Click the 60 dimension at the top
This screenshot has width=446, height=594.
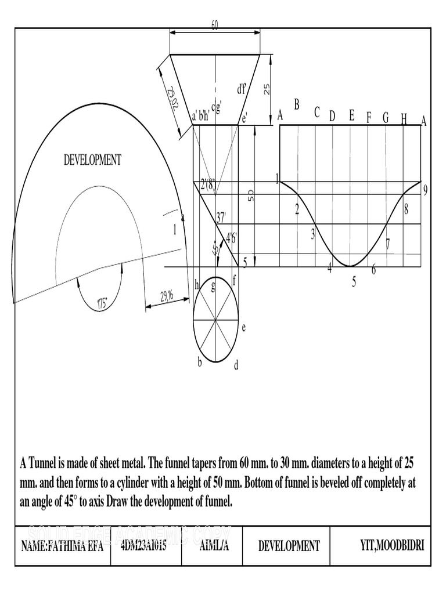point(215,24)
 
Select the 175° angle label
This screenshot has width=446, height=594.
point(103,303)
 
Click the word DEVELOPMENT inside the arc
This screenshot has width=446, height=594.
point(92,160)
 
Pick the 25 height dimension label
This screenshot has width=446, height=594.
point(267,89)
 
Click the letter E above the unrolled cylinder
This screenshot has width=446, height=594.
point(351,115)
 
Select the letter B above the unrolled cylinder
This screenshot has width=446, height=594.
point(296,105)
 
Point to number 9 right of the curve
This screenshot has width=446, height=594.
point(426,190)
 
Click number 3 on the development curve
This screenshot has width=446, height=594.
point(312,234)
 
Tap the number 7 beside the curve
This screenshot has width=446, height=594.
point(388,244)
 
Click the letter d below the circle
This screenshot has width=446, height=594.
point(236,365)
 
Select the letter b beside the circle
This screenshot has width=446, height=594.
point(200,363)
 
